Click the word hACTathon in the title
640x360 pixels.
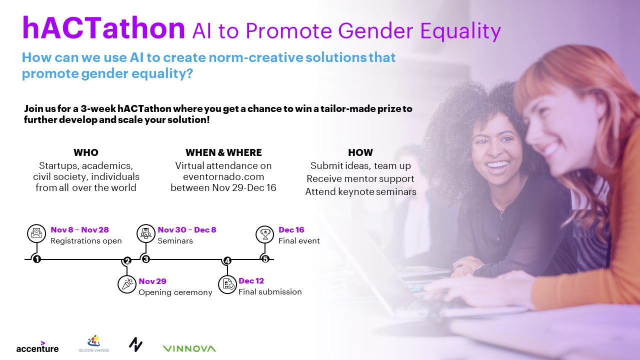coord(103,28)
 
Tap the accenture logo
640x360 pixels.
coord(37,347)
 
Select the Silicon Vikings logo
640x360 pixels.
coord(94,343)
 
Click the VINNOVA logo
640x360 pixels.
coord(189,348)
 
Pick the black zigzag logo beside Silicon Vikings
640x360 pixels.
coord(135,344)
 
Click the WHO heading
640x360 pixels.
coord(86,152)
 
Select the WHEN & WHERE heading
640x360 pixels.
coord(223,152)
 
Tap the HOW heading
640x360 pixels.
coord(360,152)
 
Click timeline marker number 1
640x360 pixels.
coord(37,259)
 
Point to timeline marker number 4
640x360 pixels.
coord(227,260)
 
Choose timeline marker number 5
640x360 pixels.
coord(265,259)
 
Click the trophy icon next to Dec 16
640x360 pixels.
coord(265,234)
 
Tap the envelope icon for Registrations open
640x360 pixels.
coord(36,233)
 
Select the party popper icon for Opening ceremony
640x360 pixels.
coord(127,284)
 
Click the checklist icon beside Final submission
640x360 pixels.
coord(227,284)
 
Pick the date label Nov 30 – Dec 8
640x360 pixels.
coord(187,229)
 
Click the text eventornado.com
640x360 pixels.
coord(223,176)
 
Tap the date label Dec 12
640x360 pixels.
coord(251,281)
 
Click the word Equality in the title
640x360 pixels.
coord(460,31)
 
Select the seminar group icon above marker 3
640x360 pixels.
coord(146,233)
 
